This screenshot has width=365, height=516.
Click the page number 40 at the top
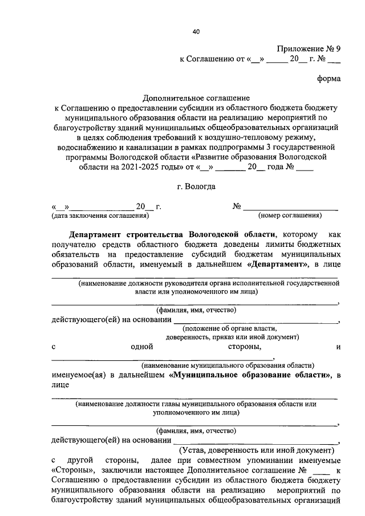pos(196,31)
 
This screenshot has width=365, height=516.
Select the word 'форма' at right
pos(329,79)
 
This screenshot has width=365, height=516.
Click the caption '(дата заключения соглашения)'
pos(100,216)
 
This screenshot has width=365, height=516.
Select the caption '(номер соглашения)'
pos(290,216)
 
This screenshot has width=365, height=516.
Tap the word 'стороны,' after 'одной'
pos(245,346)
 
